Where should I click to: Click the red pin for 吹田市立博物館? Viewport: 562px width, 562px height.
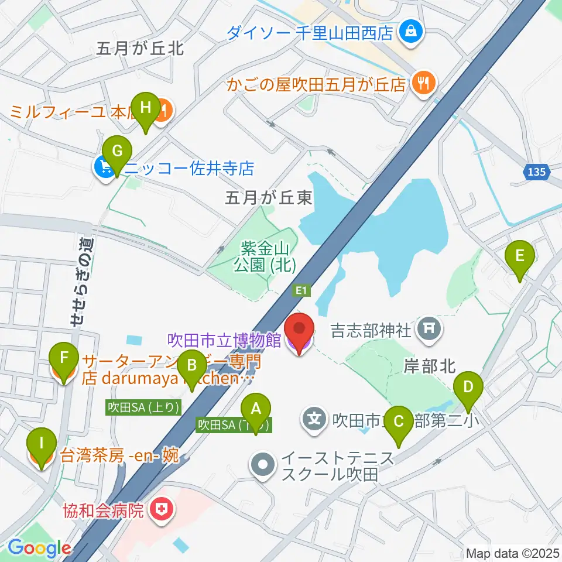point(300,334)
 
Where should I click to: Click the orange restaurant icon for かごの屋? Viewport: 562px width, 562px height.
point(421,83)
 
